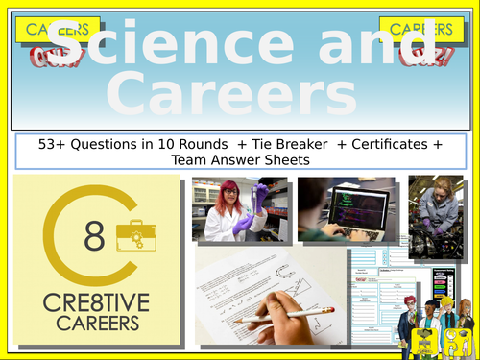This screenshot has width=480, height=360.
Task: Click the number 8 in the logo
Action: (93, 237)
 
